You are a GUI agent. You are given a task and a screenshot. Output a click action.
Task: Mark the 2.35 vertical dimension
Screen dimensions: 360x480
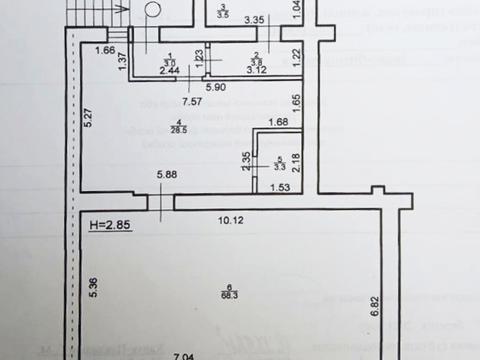tap(246, 160)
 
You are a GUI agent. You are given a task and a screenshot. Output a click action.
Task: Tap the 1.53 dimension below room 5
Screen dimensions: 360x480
tap(280, 187)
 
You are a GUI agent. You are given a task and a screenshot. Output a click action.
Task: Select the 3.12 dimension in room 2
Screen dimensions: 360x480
tap(256, 71)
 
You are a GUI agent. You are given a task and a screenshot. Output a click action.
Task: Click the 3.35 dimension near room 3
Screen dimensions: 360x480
tap(255, 20)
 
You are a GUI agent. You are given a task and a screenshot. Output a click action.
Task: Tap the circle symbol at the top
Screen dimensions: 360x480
tap(150, 9)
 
